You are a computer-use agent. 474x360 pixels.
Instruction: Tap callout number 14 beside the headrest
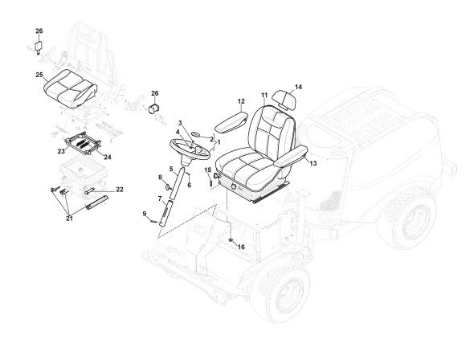tap(298, 87)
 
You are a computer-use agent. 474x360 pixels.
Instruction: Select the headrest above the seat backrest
tap(284, 99)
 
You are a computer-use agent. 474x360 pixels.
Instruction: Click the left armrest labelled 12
tap(231, 122)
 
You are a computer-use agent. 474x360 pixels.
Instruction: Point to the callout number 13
tap(313, 163)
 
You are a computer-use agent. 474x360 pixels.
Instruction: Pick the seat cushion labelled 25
tap(71, 88)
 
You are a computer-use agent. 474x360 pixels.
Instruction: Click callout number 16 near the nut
tap(241, 247)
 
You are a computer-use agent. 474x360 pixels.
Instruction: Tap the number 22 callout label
tap(120, 190)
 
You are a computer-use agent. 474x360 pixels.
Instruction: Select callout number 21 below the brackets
tap(70, 219)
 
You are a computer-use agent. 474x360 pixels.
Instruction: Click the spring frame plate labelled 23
tap(83, 142)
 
